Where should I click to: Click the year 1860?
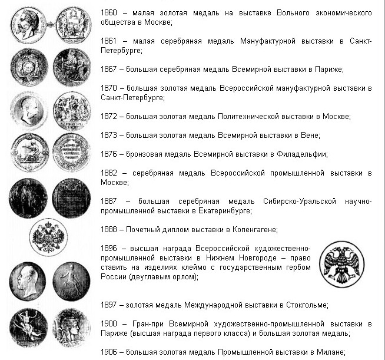tap(109, 12)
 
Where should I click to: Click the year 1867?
tap(109, 70)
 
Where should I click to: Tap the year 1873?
tap(109, 136)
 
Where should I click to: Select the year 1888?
tap(109, 229)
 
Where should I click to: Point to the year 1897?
tap(109, 305)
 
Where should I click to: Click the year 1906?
tap(109, 352)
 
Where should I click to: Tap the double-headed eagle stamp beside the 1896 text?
tap(341, 264)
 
